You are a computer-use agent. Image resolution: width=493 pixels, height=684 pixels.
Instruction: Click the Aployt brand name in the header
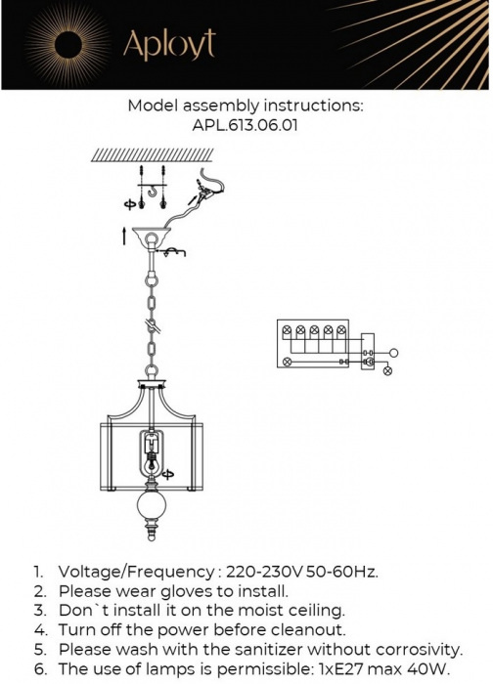(x=169, y=44)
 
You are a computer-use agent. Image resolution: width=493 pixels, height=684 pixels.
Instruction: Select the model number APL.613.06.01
(x=245, y=126)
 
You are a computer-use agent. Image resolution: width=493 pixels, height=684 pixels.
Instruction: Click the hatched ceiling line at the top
(x=152, y=154)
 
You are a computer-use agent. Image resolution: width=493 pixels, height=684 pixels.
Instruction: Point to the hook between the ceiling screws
(x=153, y=192)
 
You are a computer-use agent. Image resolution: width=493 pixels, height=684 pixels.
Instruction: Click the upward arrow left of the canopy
(x=124, y=235)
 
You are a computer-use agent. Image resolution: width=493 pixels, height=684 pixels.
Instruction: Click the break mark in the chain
(x=152, y=325)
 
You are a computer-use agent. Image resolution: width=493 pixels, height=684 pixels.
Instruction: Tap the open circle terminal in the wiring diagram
(x=393, y=353)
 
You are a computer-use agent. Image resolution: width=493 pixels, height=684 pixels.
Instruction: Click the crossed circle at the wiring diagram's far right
(x=387, y=371)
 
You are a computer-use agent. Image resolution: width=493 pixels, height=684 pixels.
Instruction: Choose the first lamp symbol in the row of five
(x=287, y=330)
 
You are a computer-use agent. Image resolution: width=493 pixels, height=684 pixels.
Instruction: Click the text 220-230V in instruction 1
(x=264, y=572)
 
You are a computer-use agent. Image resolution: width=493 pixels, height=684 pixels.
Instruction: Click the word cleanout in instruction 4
(x=308, y=630)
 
